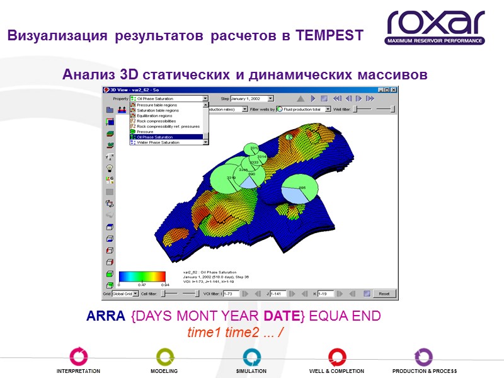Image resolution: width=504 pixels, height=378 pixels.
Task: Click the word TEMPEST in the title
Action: pyautogui.click(x=332, y=36)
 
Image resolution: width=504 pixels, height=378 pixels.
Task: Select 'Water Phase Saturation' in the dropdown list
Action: pyautogui.click(x=158, y=142)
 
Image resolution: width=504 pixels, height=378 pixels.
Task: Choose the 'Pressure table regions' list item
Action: pyautogui.click(x=157, y=105)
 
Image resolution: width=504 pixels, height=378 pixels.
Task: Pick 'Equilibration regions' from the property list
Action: pyautogui.click(x=154, y=116)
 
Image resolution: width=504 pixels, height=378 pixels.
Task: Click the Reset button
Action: pyautogui.click(x=384, y=294)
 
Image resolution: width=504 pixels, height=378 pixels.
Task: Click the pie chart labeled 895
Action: pyautogui.click(x=302, y=189)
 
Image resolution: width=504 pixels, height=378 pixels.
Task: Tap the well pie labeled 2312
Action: pyautogui.click(x=254, y=149)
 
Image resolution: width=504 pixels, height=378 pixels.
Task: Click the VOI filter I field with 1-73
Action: pyautogui.click(x=231, y=294)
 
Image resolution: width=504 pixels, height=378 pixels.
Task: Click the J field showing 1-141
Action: pyautogui.click(x=277, y=294)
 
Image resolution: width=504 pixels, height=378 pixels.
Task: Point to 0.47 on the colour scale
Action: pyautogui.click(x=141, y=285)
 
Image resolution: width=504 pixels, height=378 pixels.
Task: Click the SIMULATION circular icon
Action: pyautogui.click(x=251, y=357)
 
